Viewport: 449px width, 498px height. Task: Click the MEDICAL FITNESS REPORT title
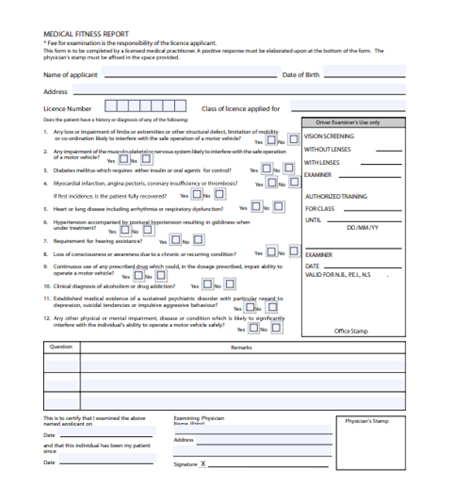click(x=86, y=33)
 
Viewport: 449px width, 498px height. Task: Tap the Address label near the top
click(x=55, y=92)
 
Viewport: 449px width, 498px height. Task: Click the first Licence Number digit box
click(x=111, y=107)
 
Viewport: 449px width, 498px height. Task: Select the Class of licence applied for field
click(x=348, y=107)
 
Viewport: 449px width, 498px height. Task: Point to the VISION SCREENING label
click(x=329, y=136)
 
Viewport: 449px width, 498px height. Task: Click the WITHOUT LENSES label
click(x=327, y=149)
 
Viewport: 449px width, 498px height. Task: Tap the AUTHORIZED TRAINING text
click(x=336, y=196)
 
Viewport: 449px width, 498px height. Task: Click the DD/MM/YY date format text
click(x=362, y=228)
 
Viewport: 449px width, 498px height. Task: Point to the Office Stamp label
click(x=351, y=331)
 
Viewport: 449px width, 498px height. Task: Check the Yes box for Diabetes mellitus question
click(x=266, y=169)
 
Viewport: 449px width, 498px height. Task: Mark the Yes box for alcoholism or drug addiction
click(x=206, y=285)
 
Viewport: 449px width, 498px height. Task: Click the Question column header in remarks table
click(x=61, y=347)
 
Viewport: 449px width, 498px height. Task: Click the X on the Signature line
click(x=203, y=464)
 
